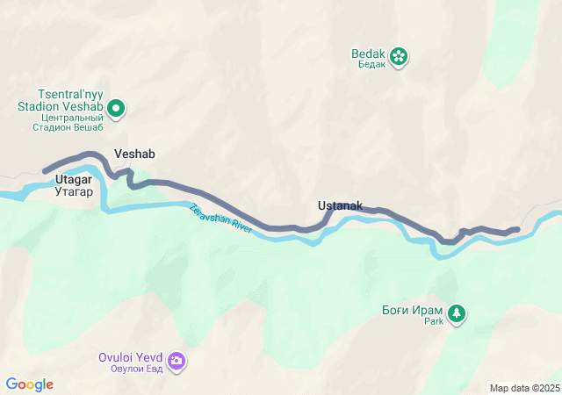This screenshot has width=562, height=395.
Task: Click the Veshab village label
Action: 134,154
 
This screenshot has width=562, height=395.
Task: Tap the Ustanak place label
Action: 340,206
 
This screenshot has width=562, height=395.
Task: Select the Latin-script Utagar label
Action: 74,179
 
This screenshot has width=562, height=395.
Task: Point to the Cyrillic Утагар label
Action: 74,190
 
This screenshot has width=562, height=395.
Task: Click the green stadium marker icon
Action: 116,110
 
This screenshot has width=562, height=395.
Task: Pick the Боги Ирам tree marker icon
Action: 457,312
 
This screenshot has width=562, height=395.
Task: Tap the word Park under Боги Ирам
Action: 435,322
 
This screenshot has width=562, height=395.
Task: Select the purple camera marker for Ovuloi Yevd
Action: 177,361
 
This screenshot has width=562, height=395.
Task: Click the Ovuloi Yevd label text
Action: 131,357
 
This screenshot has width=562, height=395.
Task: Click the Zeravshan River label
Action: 220,219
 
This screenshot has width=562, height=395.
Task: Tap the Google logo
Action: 30,384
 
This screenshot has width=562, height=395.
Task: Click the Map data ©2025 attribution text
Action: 524,388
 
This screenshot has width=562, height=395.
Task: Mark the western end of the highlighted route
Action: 45,171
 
